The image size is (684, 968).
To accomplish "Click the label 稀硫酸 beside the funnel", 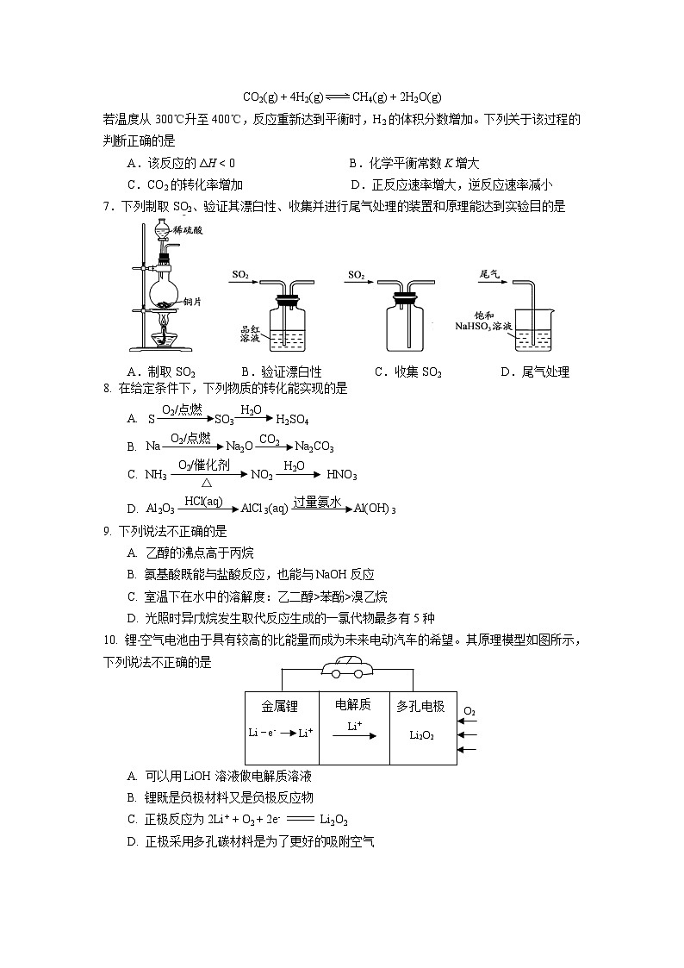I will coord(189,230).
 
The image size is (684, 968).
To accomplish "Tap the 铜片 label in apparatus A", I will coord(192,302).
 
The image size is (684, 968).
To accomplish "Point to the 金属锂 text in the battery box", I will coord(280,707).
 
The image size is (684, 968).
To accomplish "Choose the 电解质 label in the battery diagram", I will coord(353,705).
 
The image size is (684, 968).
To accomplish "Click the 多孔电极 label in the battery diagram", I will coord(420,707).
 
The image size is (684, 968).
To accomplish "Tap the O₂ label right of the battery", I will coord(469,711).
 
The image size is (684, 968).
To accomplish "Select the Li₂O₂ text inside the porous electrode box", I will coord(421,735).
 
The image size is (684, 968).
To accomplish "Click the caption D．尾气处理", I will coord(534,372).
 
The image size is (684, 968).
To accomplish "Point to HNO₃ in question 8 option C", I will coord(341,475).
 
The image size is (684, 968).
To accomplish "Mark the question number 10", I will coord(109,640).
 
